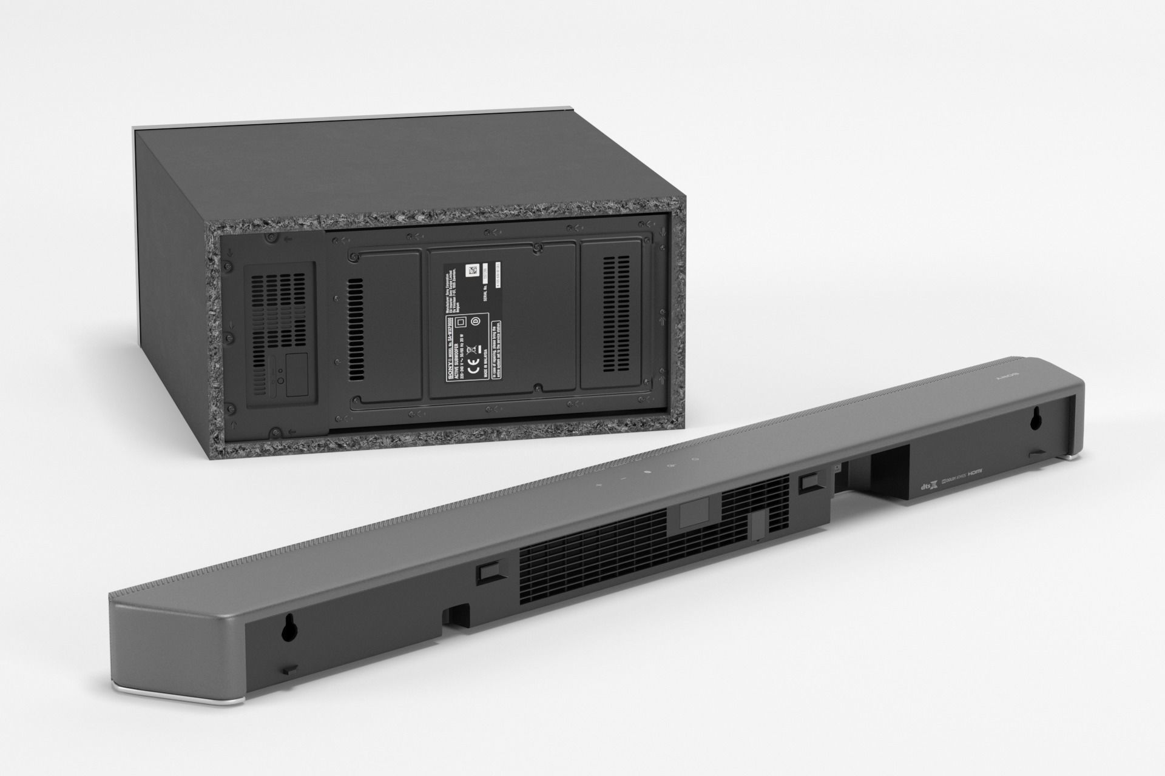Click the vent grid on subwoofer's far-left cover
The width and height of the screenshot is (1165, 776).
click(x=279, y=309)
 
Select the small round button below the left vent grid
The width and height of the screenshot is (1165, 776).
click(x=280, y=381)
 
